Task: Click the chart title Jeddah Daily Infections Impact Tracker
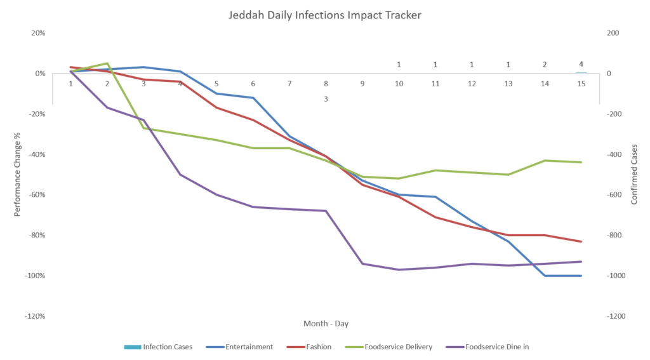click(324, 13)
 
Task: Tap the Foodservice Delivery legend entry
click(392, 347)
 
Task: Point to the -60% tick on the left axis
click(36, 195)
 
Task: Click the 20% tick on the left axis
click(38, 33)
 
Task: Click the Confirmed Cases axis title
click(633, 175)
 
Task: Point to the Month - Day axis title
click(326, 324)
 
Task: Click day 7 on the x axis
click(289, 84)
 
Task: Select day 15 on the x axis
click(581, 84)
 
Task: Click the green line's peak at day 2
click(107, 63)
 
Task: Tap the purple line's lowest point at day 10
click(399, 270)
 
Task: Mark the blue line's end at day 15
click(581, 276)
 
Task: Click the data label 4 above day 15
click(581, 64)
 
